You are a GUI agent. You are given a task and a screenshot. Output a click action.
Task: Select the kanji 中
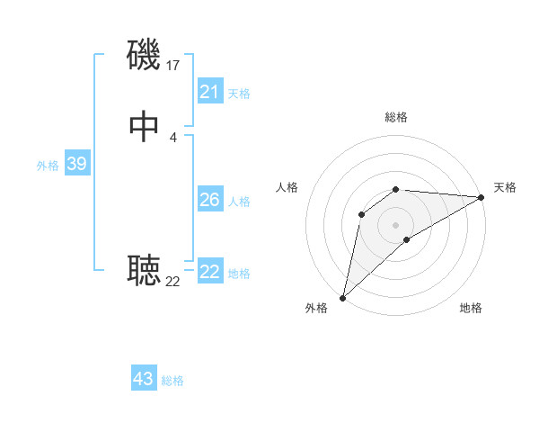click(145, 127)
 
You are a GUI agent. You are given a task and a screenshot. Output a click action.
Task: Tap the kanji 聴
click(145, 270)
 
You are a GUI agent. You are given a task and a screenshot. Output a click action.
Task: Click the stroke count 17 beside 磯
click(173, 65)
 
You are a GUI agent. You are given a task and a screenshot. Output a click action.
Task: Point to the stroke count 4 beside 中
click(173, 137)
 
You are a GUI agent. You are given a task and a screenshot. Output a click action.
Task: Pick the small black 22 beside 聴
click(173, 282)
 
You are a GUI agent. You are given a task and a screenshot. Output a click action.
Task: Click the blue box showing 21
click(210, 92)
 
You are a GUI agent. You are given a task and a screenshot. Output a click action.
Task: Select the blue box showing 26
click(210, 200)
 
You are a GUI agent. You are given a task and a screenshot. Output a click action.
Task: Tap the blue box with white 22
click(210, 272)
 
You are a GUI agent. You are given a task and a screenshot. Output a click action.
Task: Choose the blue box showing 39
click(76, 164)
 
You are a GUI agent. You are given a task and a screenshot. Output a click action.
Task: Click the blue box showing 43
click(144, 379)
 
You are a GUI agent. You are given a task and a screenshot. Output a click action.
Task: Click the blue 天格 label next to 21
click(239, 94)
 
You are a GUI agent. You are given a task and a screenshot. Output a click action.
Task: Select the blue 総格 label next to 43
click(172, 381)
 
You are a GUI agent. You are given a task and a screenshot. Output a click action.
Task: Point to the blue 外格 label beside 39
click(48, 166)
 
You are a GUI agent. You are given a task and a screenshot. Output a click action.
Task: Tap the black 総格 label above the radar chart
click(396, 117)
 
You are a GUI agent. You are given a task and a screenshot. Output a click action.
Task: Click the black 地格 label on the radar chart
click(471, 309)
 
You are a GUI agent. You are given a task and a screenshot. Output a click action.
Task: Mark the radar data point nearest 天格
click(482, 197)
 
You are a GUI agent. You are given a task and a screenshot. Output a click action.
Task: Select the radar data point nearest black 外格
click(342, 298)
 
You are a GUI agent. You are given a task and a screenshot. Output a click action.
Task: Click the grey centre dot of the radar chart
click(396, 224)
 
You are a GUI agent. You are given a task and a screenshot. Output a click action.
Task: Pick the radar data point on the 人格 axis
click(362, 213)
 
